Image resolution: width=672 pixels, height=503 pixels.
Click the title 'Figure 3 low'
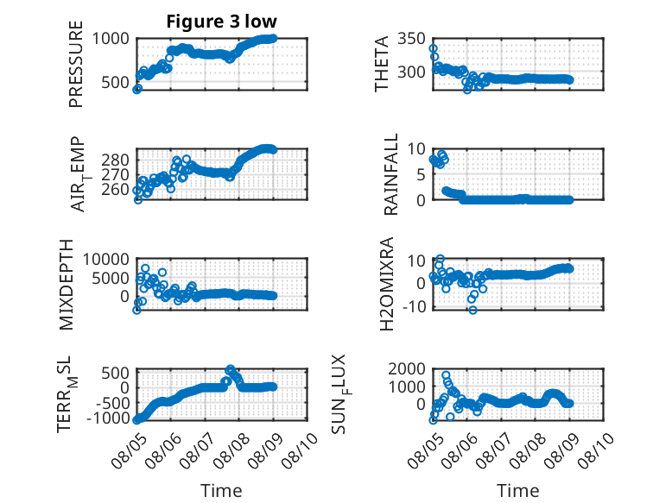pos(222,22)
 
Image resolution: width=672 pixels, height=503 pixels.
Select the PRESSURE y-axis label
pos(76,64)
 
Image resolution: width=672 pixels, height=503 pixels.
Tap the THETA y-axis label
pos(381,64)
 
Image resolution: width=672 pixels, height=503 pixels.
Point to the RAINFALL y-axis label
pos(391,174)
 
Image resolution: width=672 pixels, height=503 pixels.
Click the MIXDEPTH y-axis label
pos(67,285)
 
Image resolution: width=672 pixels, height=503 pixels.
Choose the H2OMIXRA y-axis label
pos(387,284)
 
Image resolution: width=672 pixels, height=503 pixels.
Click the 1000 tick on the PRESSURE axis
pos(111,39)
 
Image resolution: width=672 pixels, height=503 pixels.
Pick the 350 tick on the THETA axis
pos(411,39)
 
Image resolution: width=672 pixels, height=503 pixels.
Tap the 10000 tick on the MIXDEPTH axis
pos(106,259)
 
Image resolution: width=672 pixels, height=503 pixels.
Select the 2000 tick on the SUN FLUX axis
pos(407,368)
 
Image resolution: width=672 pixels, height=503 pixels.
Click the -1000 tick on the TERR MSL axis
pos(108,418)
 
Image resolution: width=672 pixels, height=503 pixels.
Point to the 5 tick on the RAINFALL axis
pos(422,174)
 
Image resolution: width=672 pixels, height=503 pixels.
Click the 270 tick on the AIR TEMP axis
pos(115,174)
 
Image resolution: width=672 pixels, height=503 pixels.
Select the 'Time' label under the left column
pos(222,490)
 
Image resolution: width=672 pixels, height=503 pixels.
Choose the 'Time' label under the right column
pos(518,490)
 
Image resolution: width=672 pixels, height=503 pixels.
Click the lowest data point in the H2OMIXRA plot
pos(472,310)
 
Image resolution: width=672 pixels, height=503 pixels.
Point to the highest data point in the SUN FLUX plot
pos(446,375)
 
